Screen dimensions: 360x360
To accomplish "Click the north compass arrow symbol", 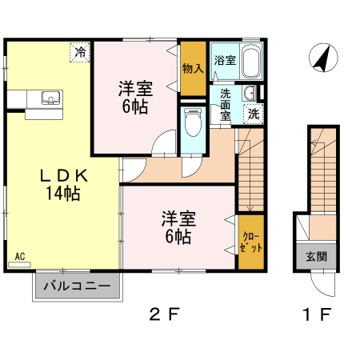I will (322, 58).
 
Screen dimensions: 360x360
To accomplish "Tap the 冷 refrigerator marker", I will (79, 52).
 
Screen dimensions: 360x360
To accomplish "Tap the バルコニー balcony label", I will (77, 286).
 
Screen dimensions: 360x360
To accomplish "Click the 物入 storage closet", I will (192, 68).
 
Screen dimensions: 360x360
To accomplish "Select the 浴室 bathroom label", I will (225, 60).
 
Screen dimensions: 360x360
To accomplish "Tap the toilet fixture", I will (192, 125).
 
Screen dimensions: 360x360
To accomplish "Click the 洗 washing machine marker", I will (253, 113).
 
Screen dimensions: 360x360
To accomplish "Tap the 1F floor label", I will (316, 314).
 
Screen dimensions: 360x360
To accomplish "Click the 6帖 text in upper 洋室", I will (134, 106).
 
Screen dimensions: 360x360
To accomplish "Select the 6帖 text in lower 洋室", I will (178, 237).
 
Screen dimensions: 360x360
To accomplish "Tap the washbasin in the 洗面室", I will (248, 90).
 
